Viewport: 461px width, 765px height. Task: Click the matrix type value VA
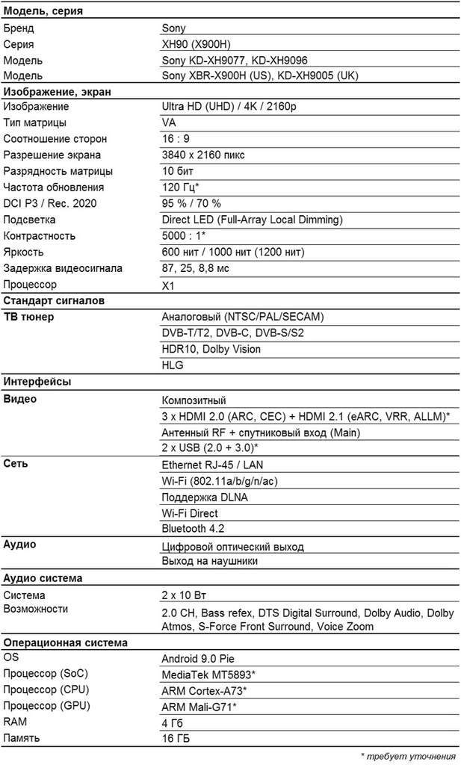pyautogui.click(x=170, y=123)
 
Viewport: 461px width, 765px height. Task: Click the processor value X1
pyautogui.click(x=169, y=285)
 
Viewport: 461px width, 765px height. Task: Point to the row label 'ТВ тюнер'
pyautogui.click(x=29, y=317)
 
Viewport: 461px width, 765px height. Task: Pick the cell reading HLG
pyautogui.click(x=173, y=366)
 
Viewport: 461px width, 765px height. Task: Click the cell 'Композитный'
pyautogui.click(x=194, y=400)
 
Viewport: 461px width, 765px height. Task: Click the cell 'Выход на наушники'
pyautogui.click(x=210, y=561)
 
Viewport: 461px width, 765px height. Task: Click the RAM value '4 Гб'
pyautogui.click(x=172, y=723)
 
